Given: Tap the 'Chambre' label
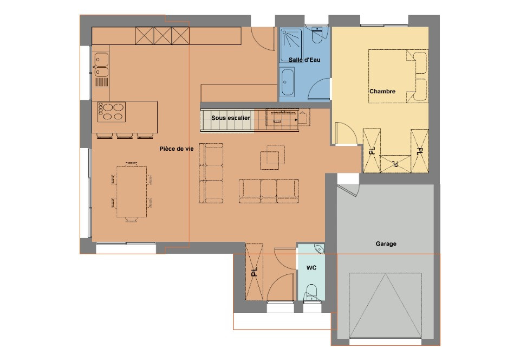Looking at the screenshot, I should click(382, 92).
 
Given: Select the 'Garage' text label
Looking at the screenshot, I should click(386, 244).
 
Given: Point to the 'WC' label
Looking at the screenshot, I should click(311, 268).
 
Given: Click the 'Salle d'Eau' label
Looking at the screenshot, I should click(305, 60).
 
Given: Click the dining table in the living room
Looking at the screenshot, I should click(131, 191).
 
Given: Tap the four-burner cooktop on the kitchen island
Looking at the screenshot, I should click(112, 112).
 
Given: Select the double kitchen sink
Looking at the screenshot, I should click(101, 64).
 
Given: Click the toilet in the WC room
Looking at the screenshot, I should click(311, 292).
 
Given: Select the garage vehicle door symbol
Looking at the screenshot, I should click(385, 305).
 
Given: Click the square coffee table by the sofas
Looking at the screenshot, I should click(270, 158).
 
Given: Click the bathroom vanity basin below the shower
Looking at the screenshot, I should click(287, 83).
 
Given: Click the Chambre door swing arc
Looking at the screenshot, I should click(346, 133).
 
